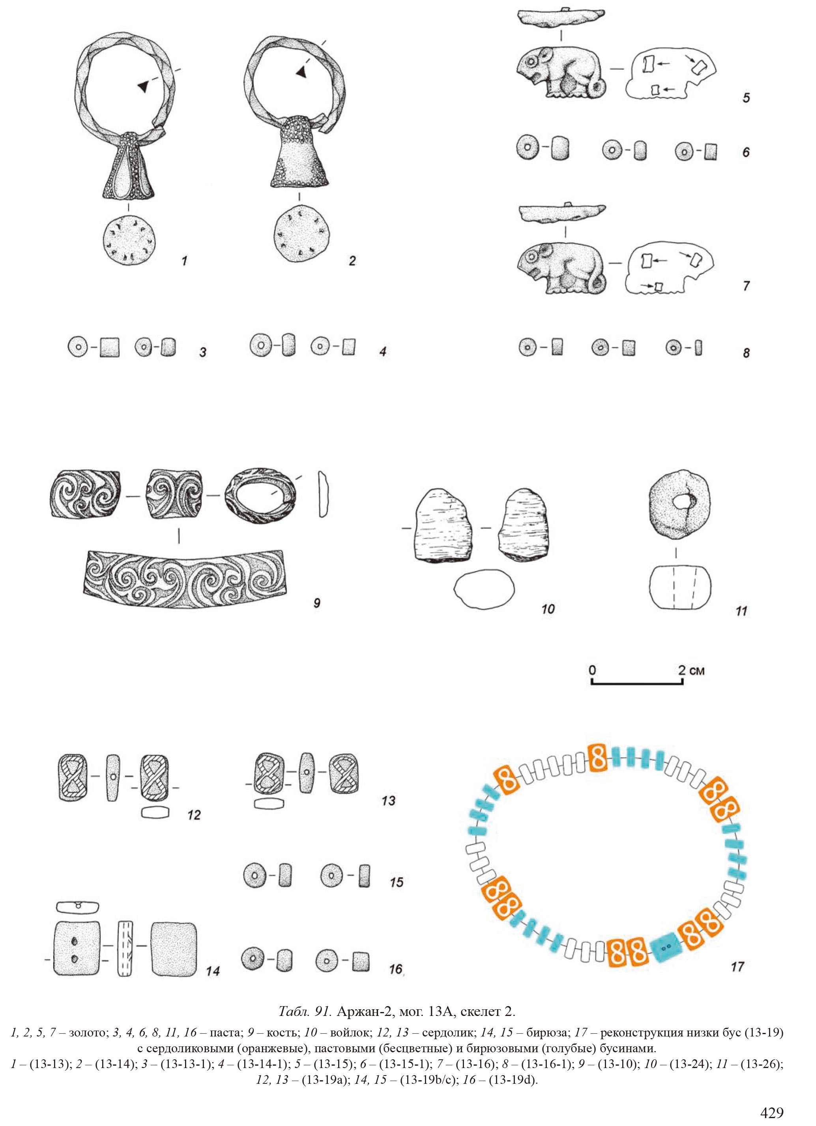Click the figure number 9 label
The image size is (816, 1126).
click(x=316, y=603)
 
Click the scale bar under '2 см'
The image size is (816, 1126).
click(x=637, y=682)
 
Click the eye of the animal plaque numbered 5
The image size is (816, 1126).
click(x=532, y=62)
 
